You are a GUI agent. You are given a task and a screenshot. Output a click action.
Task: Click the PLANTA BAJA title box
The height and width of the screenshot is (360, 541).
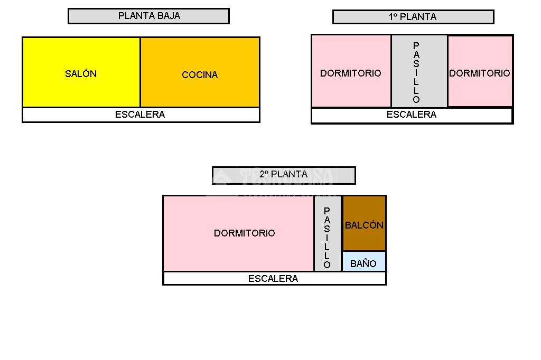[x=148, y=16]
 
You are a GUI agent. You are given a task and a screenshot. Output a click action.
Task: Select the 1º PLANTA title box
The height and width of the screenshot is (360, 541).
[x=413, y=17]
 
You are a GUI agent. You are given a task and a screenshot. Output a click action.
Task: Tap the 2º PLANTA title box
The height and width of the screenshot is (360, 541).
[x=283, y=175]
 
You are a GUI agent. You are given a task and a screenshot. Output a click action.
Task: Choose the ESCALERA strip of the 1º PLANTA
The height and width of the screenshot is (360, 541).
[x=412, y=115]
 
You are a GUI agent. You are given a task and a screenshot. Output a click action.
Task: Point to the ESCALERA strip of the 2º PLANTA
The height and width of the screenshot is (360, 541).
[x=274, y=278]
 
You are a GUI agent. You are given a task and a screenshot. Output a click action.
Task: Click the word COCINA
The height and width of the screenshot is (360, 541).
[x=200, y=75]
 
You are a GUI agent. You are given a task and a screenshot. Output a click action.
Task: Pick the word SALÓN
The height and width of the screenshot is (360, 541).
[x=81, y=74]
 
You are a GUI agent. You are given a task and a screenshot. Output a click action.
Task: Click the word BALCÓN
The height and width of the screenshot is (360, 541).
[x=364, y=225]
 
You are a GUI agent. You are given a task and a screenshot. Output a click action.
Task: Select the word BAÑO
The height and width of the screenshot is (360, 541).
[x=363, y=263]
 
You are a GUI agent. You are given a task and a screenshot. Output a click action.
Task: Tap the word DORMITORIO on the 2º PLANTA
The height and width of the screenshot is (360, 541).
[x=244, y=233]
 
